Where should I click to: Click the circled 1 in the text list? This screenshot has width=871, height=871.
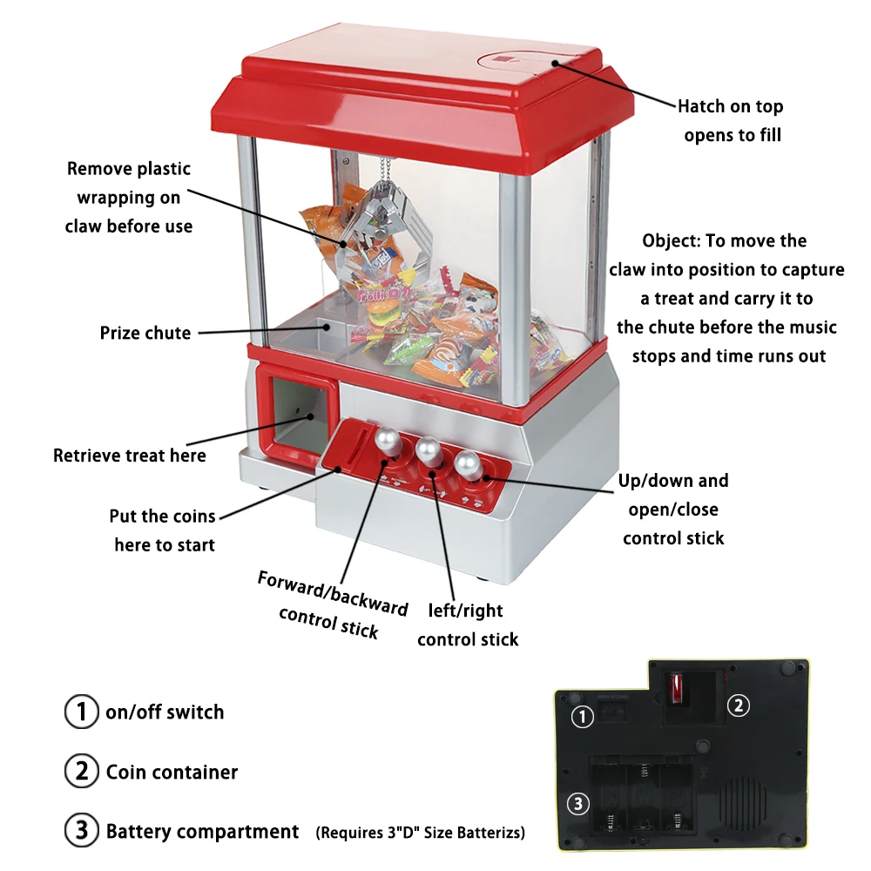[x=82, y=712]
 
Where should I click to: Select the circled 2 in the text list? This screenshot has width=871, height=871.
[x=82, y=772]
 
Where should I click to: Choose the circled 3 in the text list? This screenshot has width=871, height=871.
[x=82, y=831]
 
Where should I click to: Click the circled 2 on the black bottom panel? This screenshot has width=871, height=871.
[x=738, y=706]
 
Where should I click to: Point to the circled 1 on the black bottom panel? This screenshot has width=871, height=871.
[x=583, y=717]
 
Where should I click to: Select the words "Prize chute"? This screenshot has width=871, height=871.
[x=145, y=333]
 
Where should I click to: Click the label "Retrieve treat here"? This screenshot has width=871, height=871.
[x=130, y=456]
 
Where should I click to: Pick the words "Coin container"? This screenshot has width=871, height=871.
[x=172, y=772]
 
